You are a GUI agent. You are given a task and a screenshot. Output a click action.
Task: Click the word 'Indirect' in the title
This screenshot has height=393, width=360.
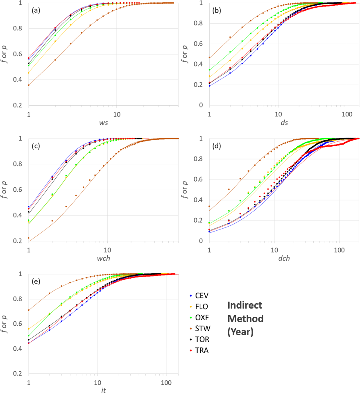pos(245,306)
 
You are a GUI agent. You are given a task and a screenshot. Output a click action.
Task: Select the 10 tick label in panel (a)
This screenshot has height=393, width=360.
pos(117,113)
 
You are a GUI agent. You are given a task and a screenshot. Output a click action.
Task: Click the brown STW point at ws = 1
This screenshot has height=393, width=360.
pos(28,85)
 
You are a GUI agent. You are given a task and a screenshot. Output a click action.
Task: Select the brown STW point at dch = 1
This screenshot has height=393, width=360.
pos(209,206)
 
